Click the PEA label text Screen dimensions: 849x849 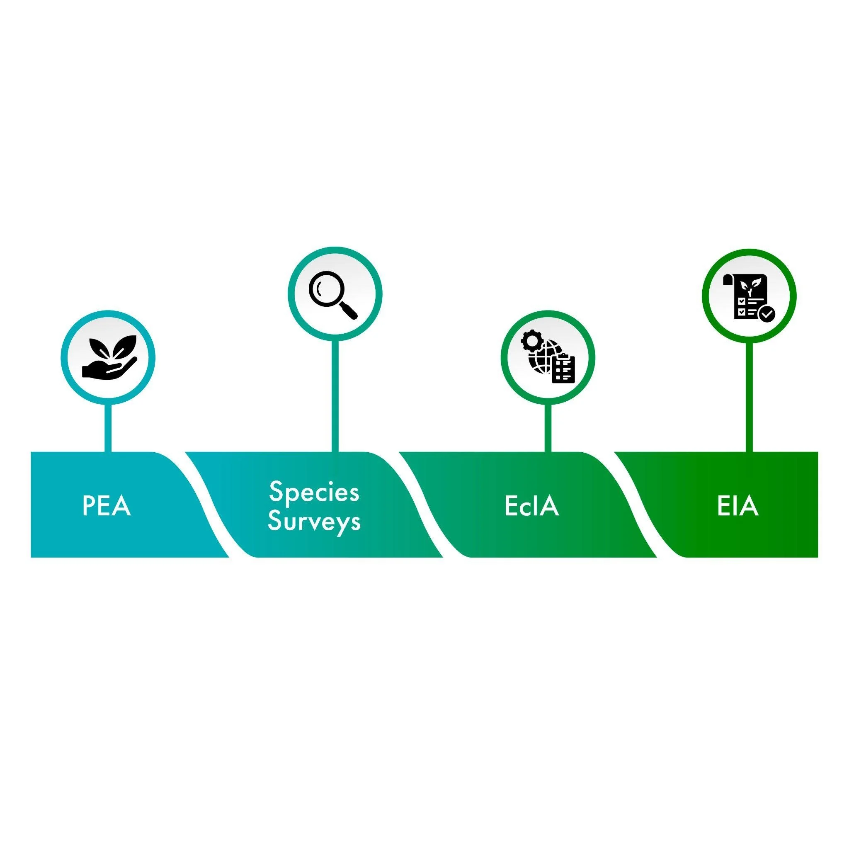point(107,506)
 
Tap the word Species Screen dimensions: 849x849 point(314,492)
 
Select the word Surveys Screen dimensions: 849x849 point(314,522)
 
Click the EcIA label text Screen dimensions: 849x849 point(531,506)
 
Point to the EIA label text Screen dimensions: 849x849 point(738,506)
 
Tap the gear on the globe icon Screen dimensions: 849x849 point(531,341)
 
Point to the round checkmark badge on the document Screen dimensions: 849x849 point(767,314)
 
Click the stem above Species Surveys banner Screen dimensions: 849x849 point(335,395)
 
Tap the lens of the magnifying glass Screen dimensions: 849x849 point(325,287)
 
